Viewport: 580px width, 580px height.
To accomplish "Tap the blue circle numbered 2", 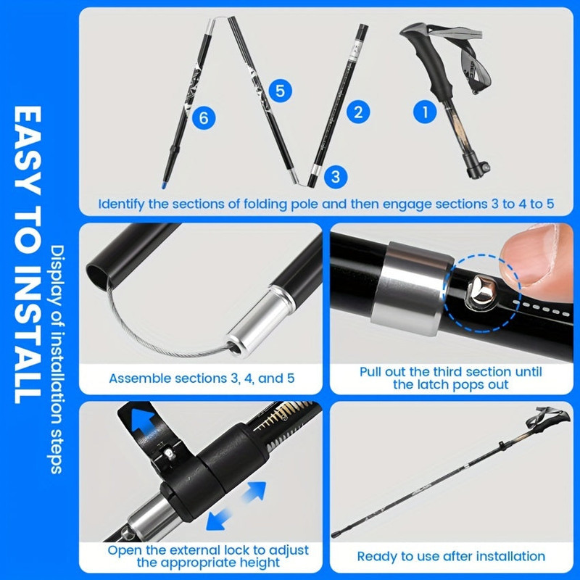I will (357, 112).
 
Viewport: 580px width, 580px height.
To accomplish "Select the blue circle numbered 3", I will (334, 176).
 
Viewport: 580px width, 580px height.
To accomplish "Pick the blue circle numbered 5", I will (281, 91).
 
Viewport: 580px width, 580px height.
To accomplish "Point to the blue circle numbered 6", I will (204, 120).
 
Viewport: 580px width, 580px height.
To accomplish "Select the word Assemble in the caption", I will (136, 378).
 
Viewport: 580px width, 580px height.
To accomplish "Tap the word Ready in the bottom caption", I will (376, 556).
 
